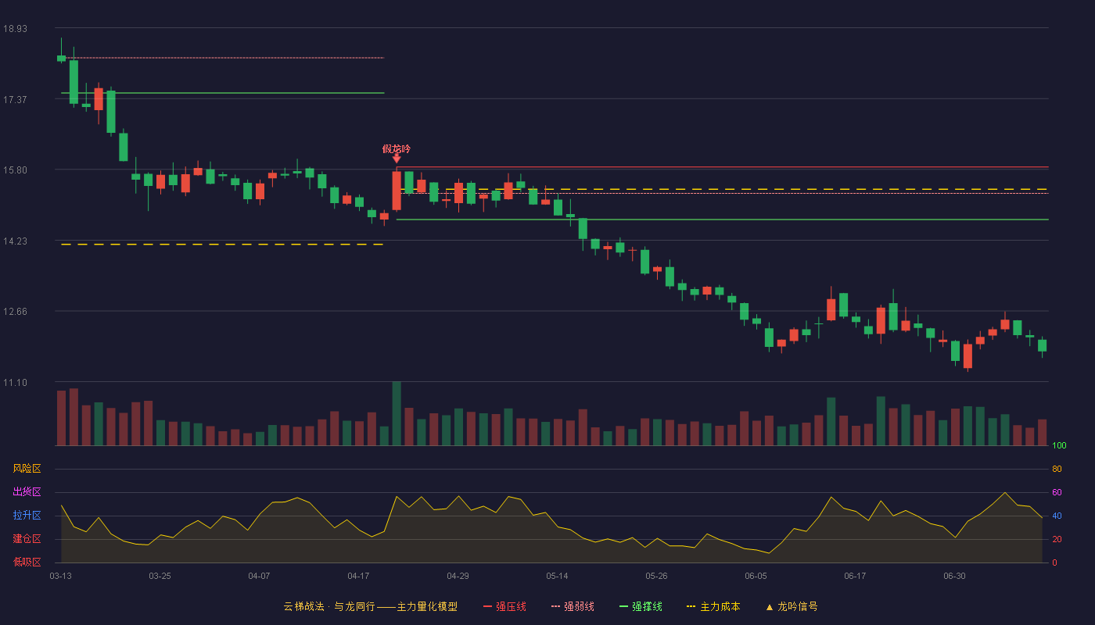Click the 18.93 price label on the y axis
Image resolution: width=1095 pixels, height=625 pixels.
pos(15,29)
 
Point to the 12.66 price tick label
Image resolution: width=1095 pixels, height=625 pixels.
pos(15,312)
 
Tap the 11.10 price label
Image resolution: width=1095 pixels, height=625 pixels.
pos(15,382)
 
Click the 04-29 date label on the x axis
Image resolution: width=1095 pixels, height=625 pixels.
pos(458,577)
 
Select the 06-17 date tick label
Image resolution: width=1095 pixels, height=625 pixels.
pos(855,577)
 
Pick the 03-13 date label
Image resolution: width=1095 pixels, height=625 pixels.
pos(61,577)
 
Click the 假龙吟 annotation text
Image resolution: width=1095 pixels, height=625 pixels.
pos(397,149)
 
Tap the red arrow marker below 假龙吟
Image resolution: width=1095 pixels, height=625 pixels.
pos(397,159)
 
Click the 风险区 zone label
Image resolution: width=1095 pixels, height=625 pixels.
pos(27,469)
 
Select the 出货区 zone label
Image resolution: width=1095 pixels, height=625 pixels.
pos(27,491)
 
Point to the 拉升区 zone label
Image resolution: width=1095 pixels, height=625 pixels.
pos(27,515)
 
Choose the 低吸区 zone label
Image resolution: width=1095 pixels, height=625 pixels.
pos(27,562)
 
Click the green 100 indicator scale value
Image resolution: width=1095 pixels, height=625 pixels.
pos(1059,445)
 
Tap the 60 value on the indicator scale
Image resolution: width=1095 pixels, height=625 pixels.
pos(1057,492)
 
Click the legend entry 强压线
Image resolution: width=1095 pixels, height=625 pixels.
pos(504,606)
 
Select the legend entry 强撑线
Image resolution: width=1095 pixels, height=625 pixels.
pos(641,606)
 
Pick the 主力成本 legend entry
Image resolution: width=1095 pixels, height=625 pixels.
pos(713,606)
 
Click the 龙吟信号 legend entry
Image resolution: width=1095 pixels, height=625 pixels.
pos(792,606)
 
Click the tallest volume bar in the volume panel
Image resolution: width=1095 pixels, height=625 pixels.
pos(397,413)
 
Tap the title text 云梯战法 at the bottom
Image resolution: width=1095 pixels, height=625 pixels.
pos(304,606)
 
